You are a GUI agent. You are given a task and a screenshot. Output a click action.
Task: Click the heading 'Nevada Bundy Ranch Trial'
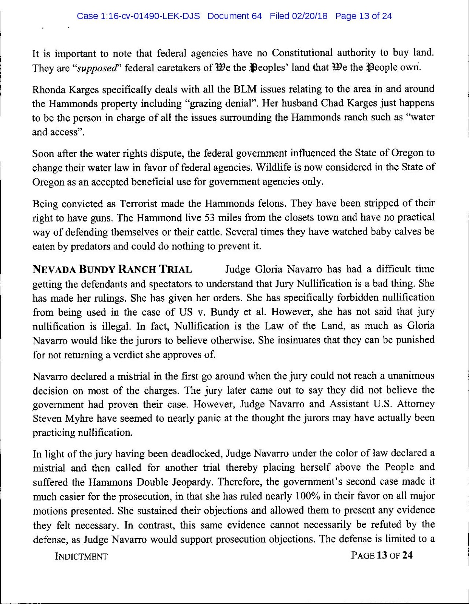coord(112,270)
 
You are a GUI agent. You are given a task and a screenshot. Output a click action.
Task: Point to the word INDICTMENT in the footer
coord(81,556)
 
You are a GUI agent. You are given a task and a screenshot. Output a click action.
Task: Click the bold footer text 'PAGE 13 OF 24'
coord(382,556)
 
